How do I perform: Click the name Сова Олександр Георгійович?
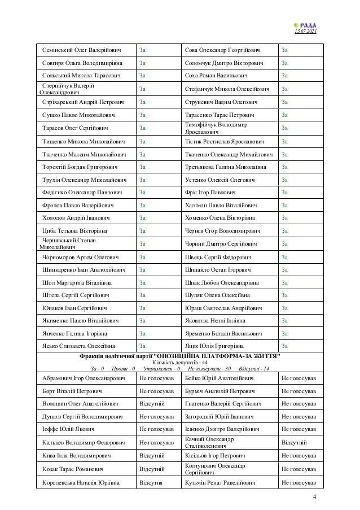[x=225, y=50]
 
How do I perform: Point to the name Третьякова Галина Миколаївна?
[x=227, y=167]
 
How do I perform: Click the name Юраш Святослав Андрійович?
[x=224, y=308]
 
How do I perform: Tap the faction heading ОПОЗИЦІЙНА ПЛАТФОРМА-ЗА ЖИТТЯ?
[x=180, y=357]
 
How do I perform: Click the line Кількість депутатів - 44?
[x=180, y=363]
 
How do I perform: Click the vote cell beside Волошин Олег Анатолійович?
[x=152, y=404]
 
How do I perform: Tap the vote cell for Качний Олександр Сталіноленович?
[x=294, y=442]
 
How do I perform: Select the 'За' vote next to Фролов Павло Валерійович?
[x=143, y=205]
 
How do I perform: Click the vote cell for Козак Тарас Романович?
[x=152, y=469]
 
